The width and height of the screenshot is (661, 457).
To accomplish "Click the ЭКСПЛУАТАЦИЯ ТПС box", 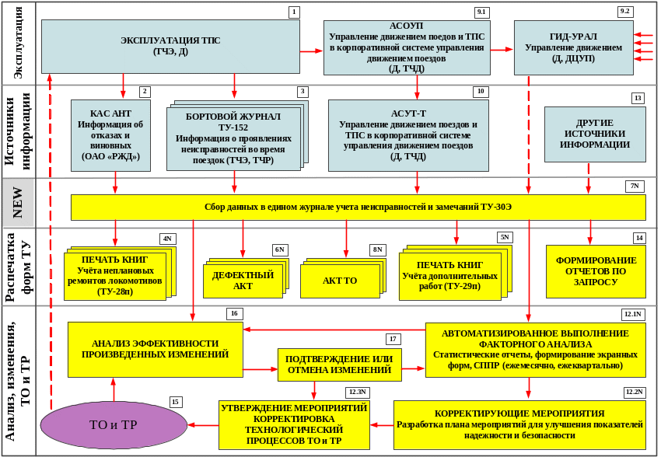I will point(170,47).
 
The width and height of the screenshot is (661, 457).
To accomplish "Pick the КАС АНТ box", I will point(110,134).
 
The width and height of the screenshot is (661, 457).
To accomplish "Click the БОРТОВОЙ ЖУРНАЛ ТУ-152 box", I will point(233,138).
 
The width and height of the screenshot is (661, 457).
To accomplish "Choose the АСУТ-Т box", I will point(407,134).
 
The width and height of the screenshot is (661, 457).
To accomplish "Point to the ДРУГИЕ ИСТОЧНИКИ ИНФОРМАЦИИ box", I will point(594,134).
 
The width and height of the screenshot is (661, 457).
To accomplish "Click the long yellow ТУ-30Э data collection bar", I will point(358,208).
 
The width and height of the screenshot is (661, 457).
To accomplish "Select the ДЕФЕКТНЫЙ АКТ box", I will point(243,281).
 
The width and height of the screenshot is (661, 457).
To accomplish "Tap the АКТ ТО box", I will point(340,281).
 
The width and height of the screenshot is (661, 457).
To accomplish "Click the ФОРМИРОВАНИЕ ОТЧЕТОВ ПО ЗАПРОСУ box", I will point(596,271).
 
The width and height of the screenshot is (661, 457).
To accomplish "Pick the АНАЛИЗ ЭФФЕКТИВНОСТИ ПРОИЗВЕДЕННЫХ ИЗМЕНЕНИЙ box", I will point(155,349).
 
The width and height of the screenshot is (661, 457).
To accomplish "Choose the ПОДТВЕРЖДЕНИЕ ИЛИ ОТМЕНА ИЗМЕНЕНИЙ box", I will point(339,365).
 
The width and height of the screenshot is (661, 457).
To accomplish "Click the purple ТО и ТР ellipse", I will point(114,425).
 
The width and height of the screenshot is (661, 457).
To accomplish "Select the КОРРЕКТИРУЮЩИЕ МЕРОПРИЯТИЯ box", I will point(519,424).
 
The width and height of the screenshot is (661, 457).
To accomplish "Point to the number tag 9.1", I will point(481,12).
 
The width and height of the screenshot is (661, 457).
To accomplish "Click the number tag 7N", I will point(635,186).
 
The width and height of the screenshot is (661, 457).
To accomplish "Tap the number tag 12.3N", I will point(357,392).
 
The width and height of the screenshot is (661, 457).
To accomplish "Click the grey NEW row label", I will point(18,202).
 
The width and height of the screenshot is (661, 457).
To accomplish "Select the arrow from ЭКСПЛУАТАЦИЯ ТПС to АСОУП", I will point(311,51).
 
